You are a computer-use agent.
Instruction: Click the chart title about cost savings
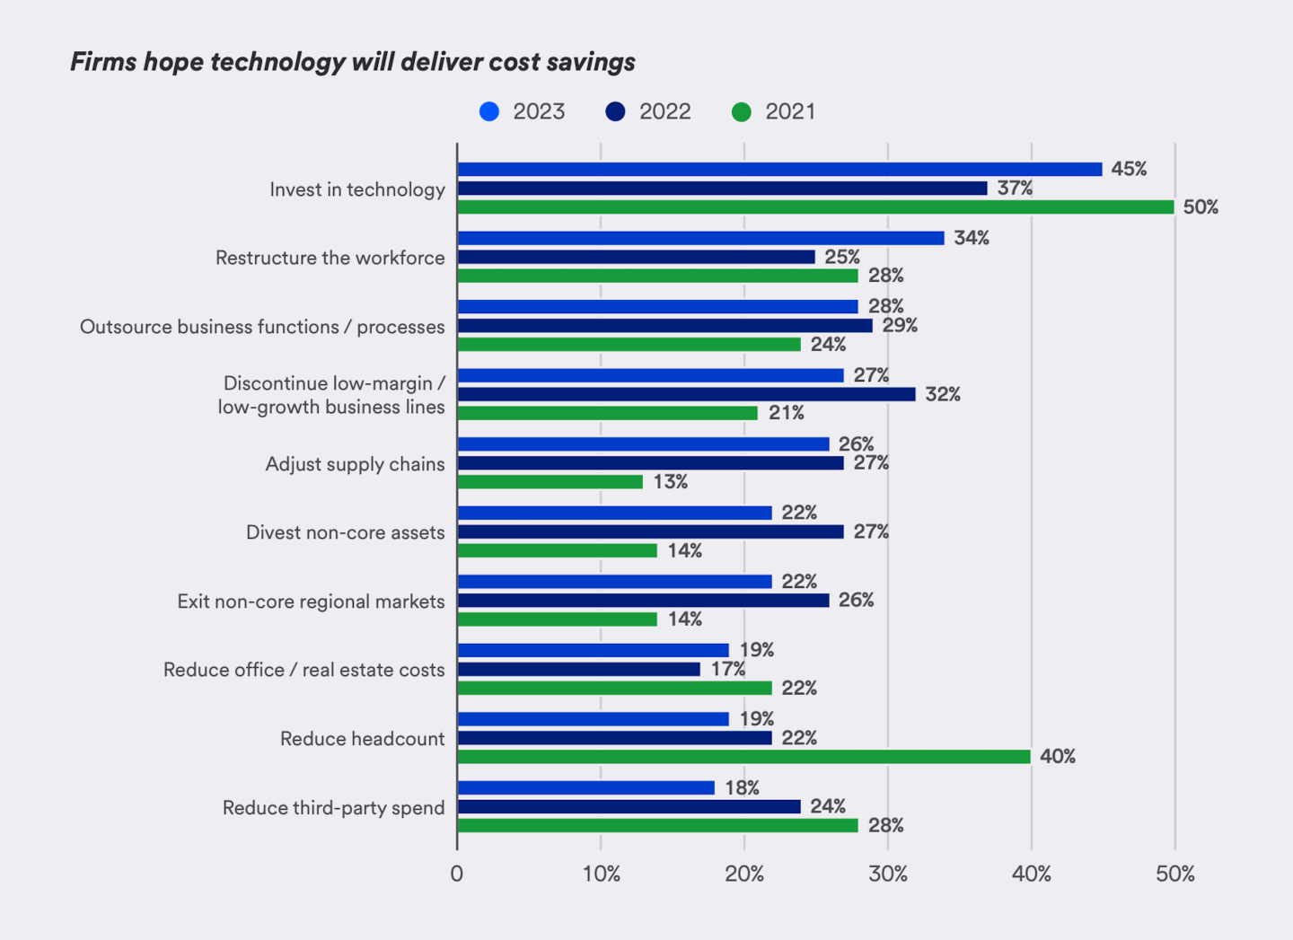point(353,62)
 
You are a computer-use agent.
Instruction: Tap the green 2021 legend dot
point(742,112)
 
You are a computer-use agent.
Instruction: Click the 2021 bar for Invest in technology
point(815,207)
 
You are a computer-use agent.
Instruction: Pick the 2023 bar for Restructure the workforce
point(700,238)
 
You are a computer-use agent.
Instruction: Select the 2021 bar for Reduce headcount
point(743,757)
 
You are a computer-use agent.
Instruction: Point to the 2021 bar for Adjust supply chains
point(550,482)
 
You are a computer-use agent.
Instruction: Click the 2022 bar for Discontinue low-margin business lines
point(686,394)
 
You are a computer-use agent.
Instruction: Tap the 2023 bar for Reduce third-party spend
point(586,787)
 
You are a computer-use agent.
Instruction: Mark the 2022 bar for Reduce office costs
point(579,670)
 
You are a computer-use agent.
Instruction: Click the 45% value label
point(1129,169)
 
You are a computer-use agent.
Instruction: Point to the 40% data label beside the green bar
point(1058,757)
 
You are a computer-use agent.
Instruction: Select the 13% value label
point(671,482)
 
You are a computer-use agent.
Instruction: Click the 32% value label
point(943,394)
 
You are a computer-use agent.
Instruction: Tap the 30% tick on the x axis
point(887,874)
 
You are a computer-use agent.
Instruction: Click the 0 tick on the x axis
point(457,874)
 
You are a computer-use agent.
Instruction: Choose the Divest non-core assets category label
point(346,532)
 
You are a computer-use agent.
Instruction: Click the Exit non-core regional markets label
point(311,602)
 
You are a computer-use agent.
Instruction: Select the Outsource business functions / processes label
point(262,327)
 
